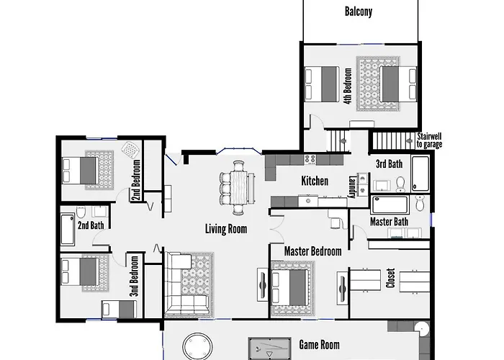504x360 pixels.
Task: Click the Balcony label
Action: pos(359,12)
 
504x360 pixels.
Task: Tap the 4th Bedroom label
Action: pos(348,86)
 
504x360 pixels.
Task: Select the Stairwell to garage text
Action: pos(429,140)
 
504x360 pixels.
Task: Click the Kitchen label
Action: pos(315,181)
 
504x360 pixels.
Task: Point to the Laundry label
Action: pos(353,186)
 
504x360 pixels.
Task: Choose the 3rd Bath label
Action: pos(390,163)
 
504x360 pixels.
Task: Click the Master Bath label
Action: pos(389,222)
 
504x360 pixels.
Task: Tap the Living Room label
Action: pos(226,229)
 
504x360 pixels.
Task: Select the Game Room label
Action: pos(319,345)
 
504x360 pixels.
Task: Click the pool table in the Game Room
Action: pos(270,348)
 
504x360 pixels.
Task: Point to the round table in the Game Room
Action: pos(198,347)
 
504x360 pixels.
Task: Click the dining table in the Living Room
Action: pos(238,188)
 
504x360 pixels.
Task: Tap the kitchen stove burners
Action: pos(310,159)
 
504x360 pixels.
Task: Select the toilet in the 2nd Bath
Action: pos(81,212)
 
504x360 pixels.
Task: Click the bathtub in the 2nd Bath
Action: pos(68,230)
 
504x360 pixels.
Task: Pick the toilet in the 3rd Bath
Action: pos(400,184)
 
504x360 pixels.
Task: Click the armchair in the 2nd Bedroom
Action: pos(131,150)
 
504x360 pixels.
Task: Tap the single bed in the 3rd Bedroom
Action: pos(118,309)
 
